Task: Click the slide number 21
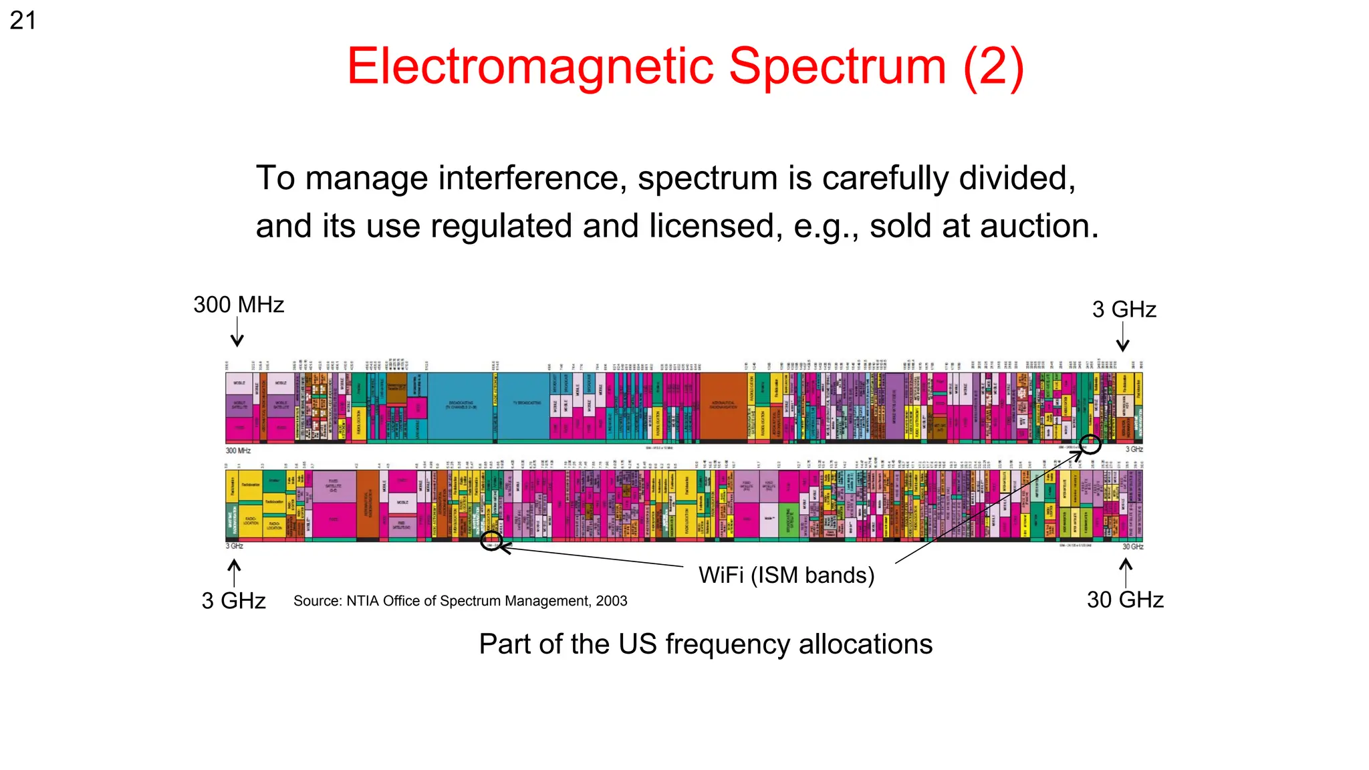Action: coord(23,21)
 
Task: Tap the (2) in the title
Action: coord(993,67)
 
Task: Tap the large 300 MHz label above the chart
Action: coord(239,305)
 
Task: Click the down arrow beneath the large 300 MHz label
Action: coord(237,333)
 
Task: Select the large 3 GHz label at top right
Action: coord(1124,309)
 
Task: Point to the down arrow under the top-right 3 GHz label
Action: coord(1123,337)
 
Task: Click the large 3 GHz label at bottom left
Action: coord(233,600)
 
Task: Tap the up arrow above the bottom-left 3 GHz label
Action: coord(234,573)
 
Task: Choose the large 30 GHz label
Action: coord(1125,600)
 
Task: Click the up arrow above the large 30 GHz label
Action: coord(1126,573)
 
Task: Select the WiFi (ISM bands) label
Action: coord(786,575)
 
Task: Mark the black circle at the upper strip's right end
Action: coord(1090,444)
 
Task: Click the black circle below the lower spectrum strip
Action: coord(491,540)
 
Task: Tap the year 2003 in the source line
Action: coord(612,601)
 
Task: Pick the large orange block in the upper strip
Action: coord(723,406)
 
